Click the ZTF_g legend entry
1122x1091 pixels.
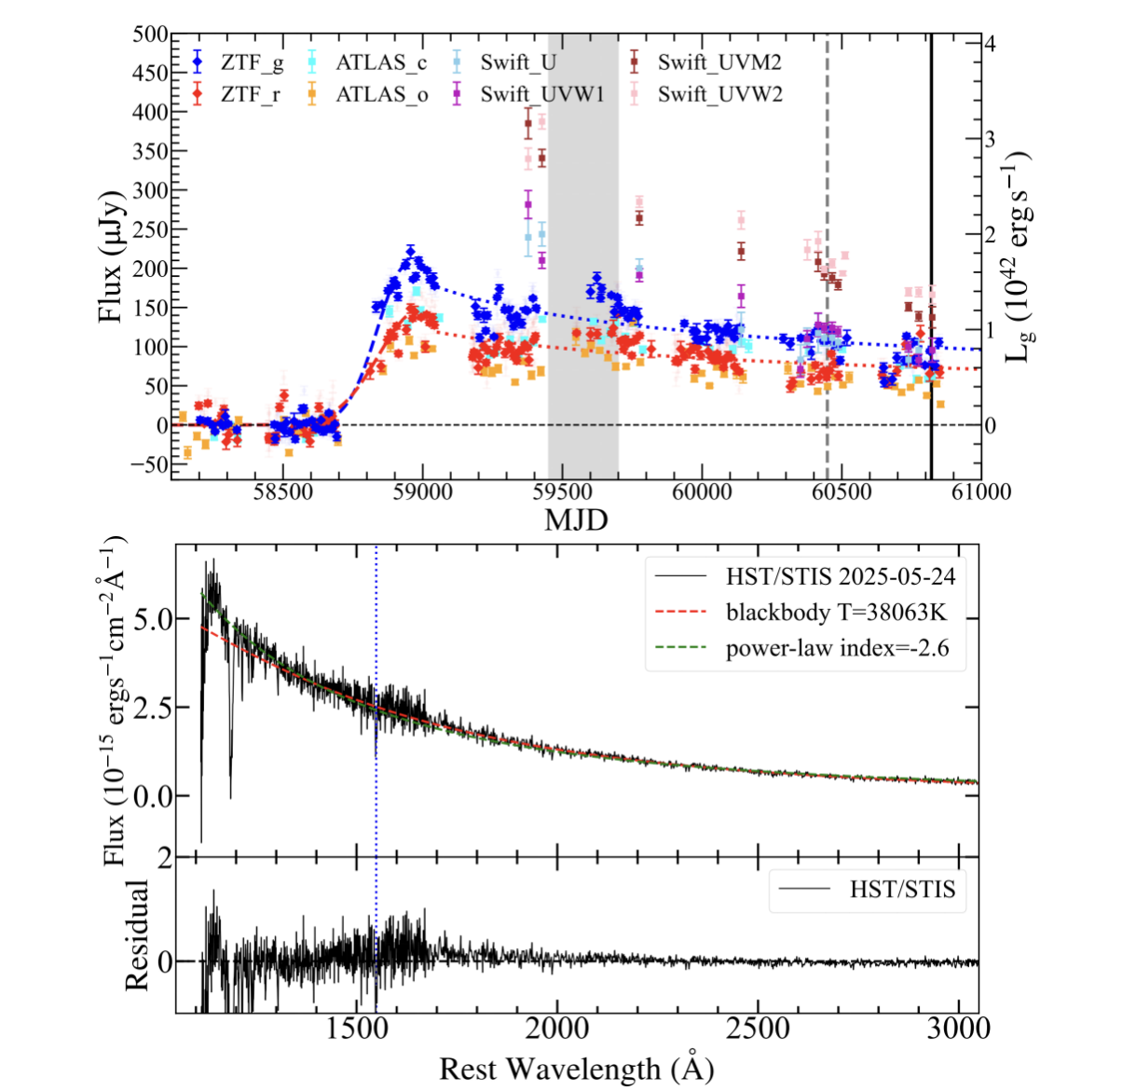click(x=252, y=63)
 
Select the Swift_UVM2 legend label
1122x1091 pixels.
click(x=718, y=63)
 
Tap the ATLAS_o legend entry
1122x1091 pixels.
click(x=381, y=94)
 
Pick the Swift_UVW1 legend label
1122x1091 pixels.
click(x=541, y=94)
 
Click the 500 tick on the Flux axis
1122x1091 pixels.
click(x=150, y=35)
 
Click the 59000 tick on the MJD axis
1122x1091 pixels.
click(x=422, y=491)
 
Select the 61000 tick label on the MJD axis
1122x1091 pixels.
click(x=980, y=491)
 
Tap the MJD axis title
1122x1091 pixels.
click(x=575, y=519)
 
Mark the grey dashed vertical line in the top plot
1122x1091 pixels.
click(x=827, y=280)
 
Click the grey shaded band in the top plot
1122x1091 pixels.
click(x=583, y=280)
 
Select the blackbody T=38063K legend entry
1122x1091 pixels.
click(x=836, y=613)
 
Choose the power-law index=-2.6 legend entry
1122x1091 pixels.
click(x=837, y=648)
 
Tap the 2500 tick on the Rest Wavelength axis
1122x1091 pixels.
click(x=758, y=1029)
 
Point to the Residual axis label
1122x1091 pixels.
click(x=137, y=934)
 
